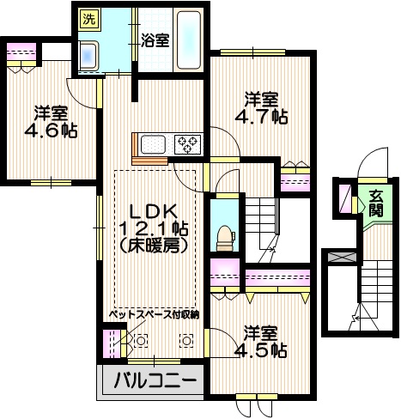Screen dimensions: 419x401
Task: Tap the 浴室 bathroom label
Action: pyautogui.click(x=155, y=39)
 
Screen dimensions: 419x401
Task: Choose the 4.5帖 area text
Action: pyautogui.click(x=261, y=349)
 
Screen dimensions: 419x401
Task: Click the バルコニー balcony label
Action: pyautogui.click(x=150, y=380)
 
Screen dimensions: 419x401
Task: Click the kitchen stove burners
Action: pyautogui.click(x=187, y=143)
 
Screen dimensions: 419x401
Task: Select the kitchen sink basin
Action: pyautogui.click(x=154, y=143)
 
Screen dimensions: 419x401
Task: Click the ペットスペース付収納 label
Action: pyautogui.click(x=154, y=315)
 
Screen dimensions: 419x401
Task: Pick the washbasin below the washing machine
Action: pyautogui.click(x=88, y=54)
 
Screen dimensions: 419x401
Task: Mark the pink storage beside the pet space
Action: pyautogui.click(x=109, y=341)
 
